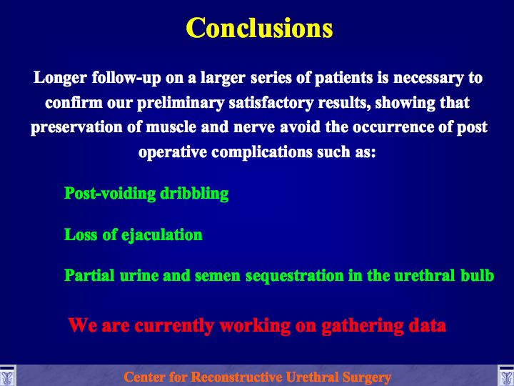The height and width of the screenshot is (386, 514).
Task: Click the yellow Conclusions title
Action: (x=259, y=28)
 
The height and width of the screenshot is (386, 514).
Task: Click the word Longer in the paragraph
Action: (x=60, y=79)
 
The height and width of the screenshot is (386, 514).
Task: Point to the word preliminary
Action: (x=181, y=104)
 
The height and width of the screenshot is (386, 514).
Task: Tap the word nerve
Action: (x=254, y=128)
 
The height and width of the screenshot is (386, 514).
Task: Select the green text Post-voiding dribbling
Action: (x=146, y=194)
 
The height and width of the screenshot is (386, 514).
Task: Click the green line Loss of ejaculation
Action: (x=133, y=235)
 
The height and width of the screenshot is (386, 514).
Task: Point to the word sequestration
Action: (x=295, y=276)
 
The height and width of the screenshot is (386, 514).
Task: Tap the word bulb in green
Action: (x=478, y=275)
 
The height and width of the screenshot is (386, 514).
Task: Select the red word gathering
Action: (x=362, y=326)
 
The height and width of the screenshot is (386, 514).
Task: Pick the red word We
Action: (x=83, y=326)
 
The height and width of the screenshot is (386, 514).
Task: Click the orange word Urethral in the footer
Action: (x=311, y=377)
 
